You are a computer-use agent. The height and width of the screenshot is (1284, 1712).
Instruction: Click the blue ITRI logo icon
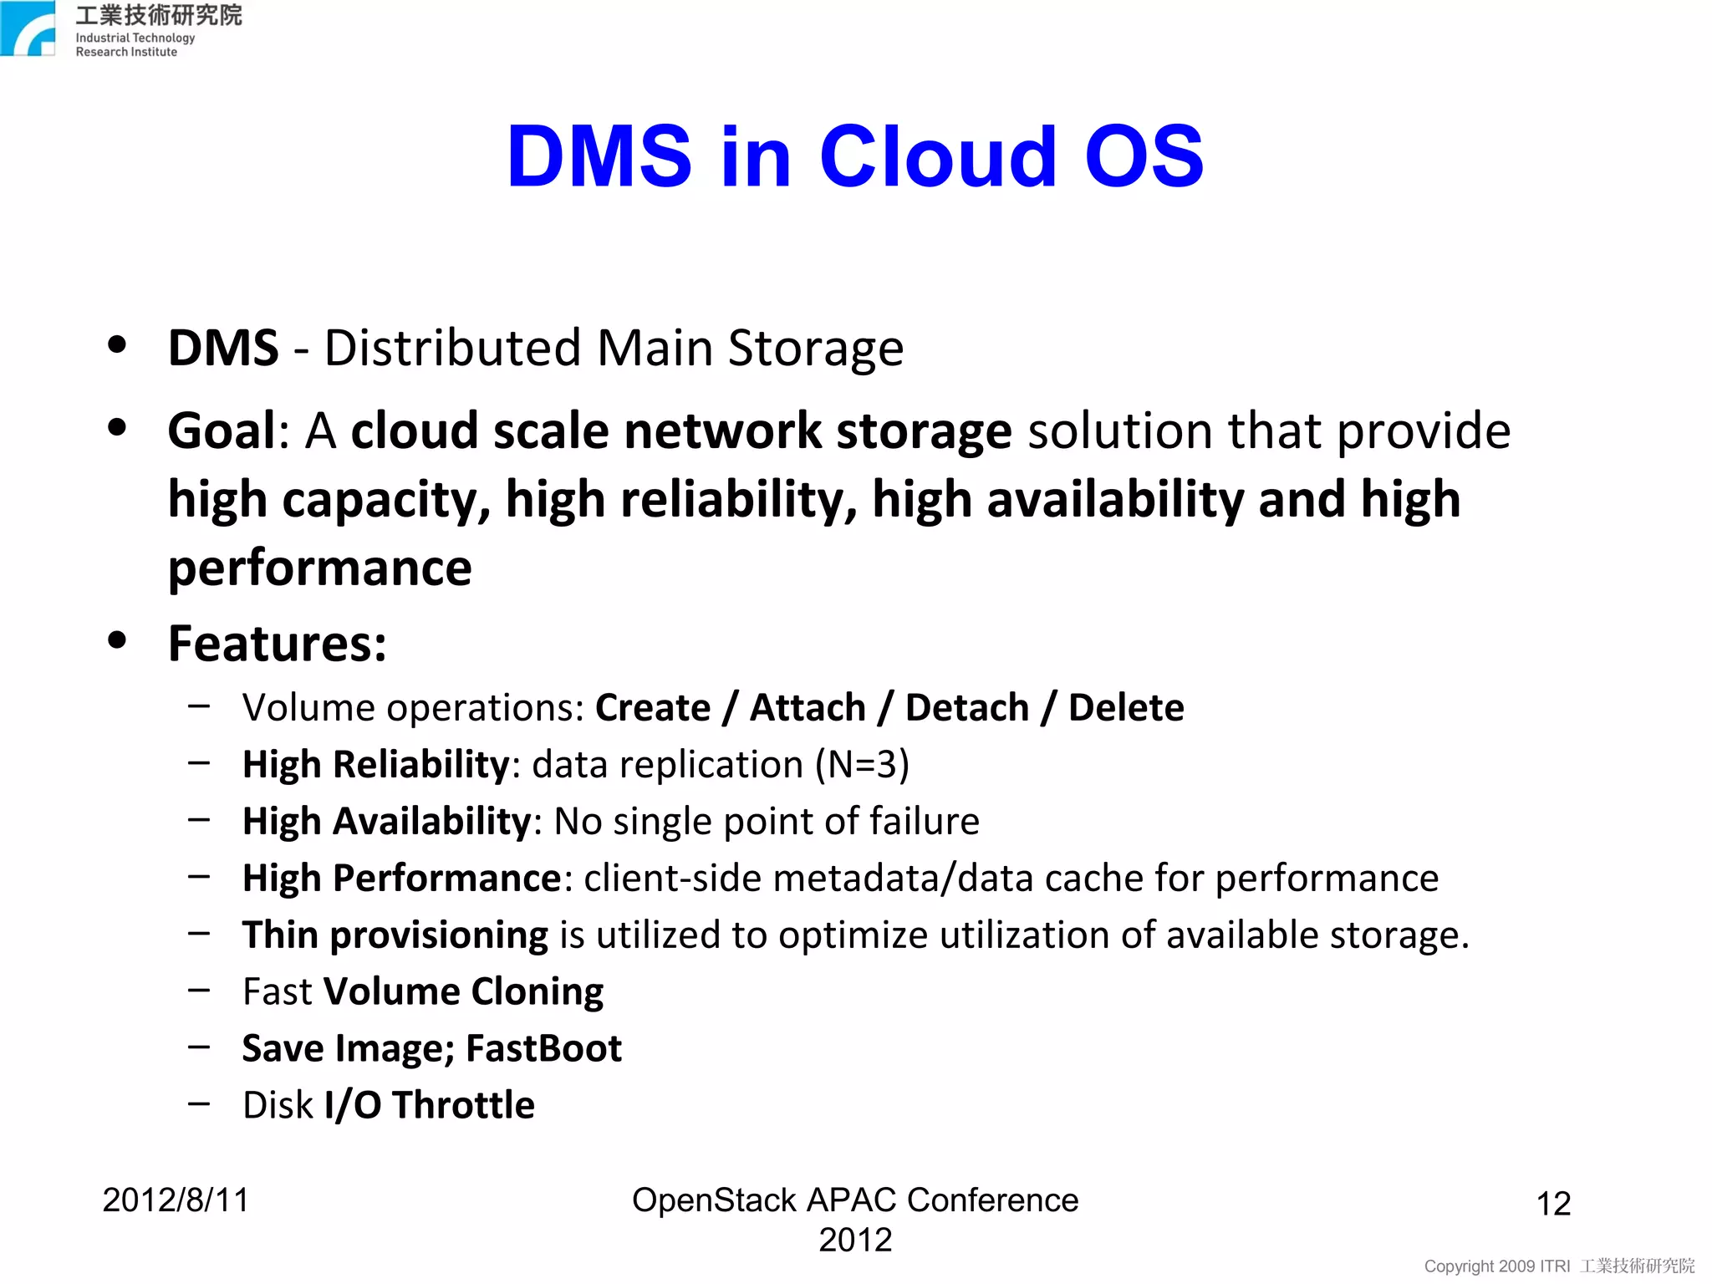[x=28, y=28]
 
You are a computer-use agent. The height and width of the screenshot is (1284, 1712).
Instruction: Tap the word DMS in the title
[x=599, y=156]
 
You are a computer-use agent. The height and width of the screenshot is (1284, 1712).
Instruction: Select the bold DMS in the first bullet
[x=222, y=348]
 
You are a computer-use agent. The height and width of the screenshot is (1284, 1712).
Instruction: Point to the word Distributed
[x=452, y=348]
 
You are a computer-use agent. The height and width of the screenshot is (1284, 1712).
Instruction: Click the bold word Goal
[x=222, y=431]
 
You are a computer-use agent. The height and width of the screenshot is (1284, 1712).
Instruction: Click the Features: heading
[x=277, y=644]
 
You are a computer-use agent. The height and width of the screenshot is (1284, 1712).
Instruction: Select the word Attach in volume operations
[x=807, y=708]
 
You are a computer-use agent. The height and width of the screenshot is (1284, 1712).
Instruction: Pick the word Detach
[x=966, y=708]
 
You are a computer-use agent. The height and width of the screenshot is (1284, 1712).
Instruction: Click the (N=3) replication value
[x=862, y=765]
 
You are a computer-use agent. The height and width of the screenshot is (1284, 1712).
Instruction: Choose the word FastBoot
[x=543, y=1048]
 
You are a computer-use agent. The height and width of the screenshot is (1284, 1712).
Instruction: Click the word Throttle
[x=463, y=1105]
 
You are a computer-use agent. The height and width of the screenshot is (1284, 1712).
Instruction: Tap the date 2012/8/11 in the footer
[x=176, y=1200]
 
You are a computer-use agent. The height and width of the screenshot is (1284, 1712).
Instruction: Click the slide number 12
[x=1553, y=1204]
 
